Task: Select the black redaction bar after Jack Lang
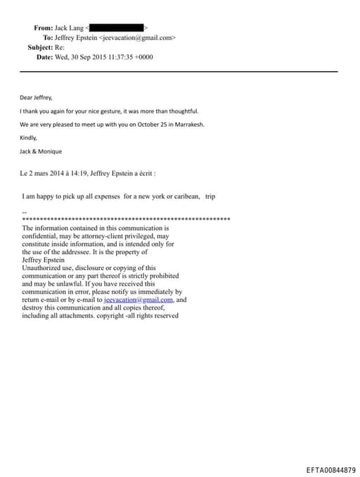coord(116,27)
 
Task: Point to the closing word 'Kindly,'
coord(28,138)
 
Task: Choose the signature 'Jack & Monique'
coord(39,151)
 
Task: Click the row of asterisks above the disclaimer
coord(127,220)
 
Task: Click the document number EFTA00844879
coord(330,469)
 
